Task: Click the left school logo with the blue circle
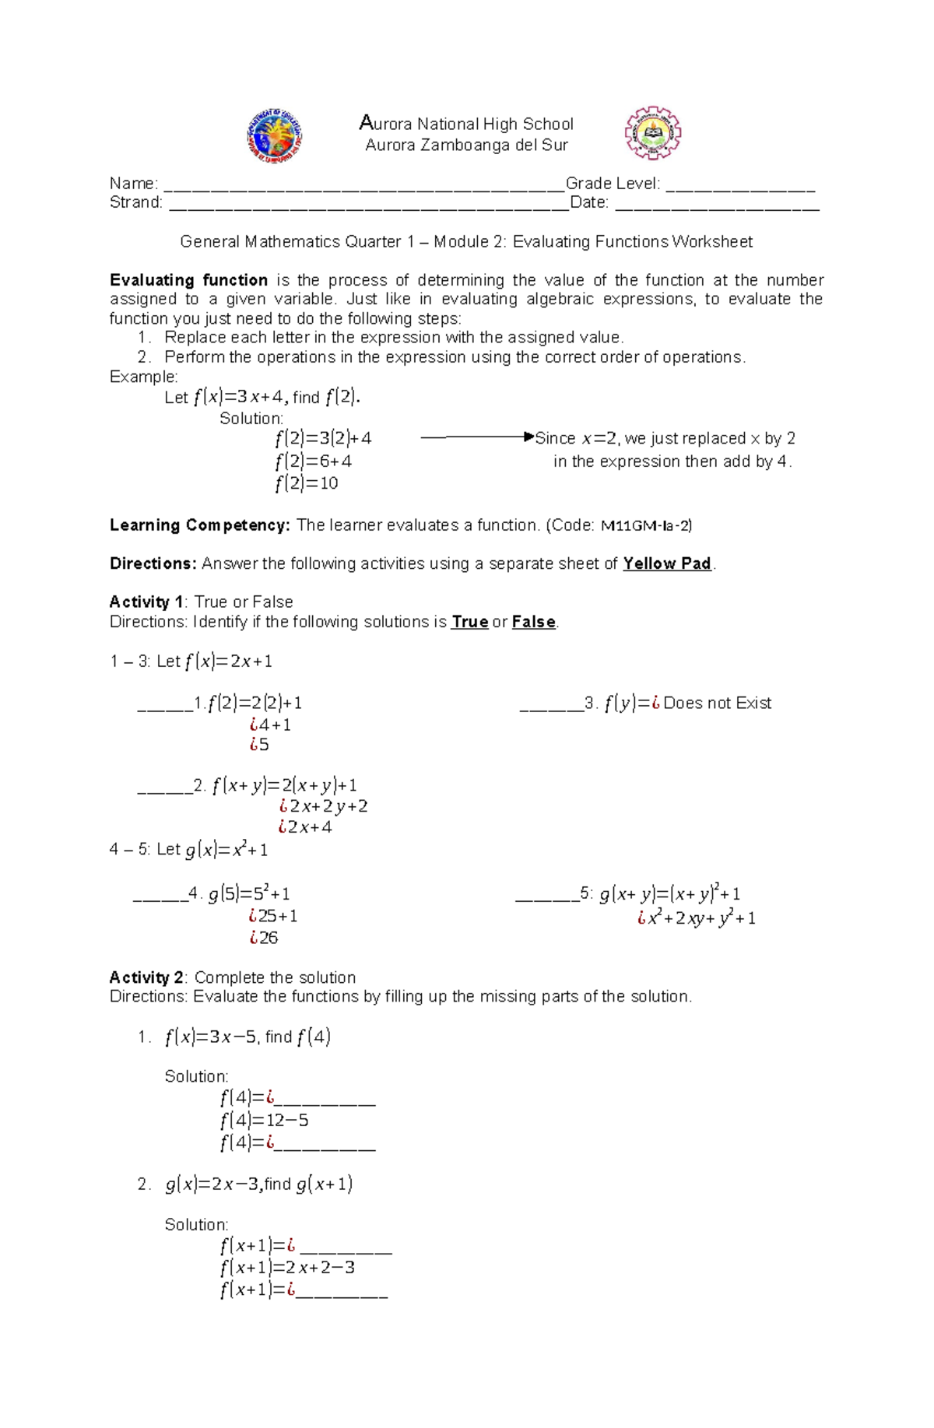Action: click(x=275, y=135)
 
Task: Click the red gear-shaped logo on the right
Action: click(x=653, y=134)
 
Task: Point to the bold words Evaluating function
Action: click(x=188, y=280)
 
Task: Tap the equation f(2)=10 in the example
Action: click(x=307, y=483)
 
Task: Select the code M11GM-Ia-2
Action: click(x=646, y=526)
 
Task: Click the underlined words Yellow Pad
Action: click(x=667, y=563)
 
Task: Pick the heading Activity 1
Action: click(x=146, y=602)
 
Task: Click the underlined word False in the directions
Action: click(x=533, y=622)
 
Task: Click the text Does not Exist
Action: click(x=717, y=703)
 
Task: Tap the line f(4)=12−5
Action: click(x=264, y=1121)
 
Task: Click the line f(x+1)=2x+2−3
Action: click(x=287, y=1268)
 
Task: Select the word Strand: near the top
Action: click(x=136, y=203)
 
